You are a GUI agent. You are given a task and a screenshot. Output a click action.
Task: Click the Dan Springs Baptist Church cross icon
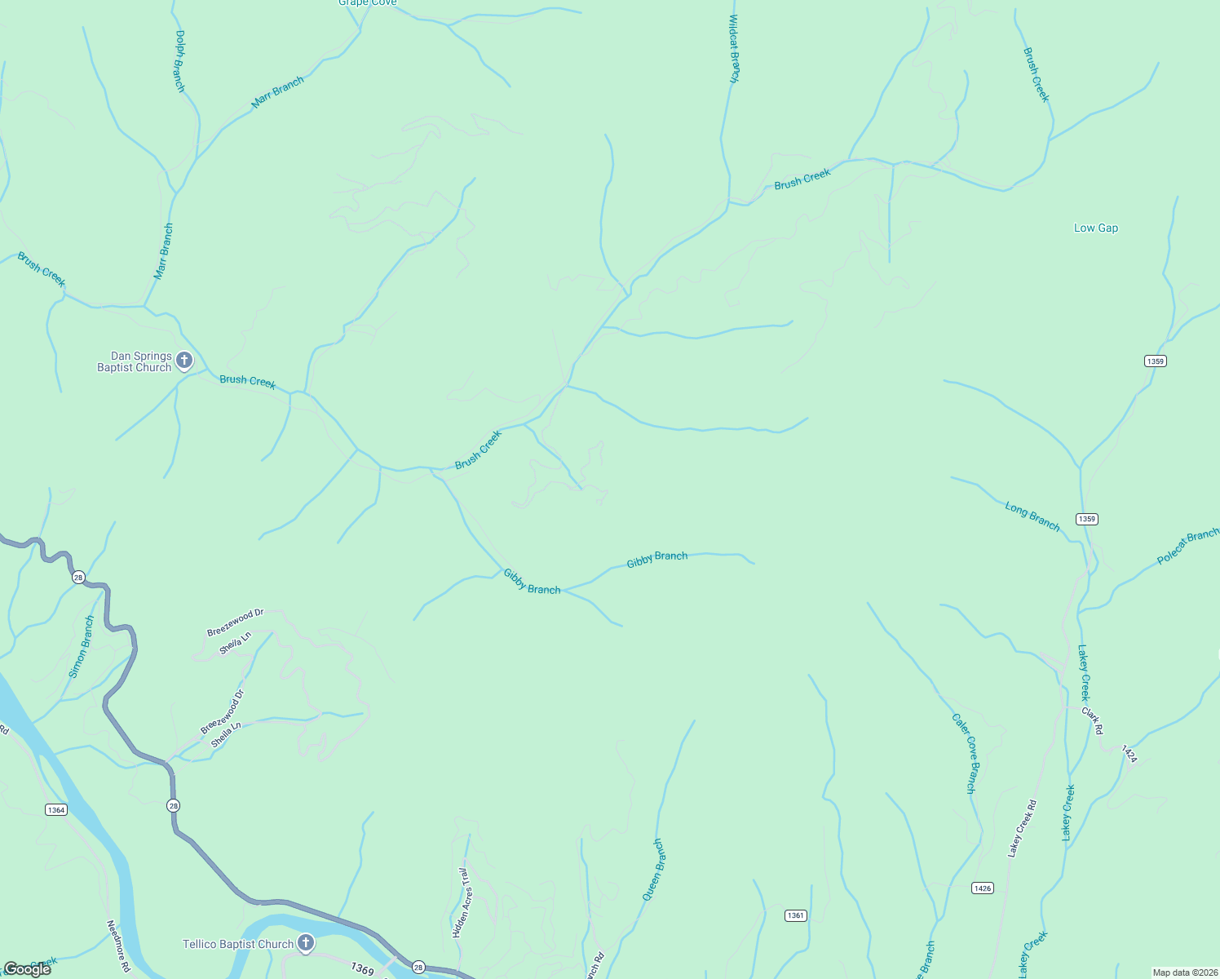pos(184,360)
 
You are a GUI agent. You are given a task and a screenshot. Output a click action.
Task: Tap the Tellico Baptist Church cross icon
pos(306,943)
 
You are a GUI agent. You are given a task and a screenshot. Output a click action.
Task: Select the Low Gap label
pos(1095,228)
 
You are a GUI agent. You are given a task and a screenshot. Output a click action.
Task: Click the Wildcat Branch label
pos(734,49)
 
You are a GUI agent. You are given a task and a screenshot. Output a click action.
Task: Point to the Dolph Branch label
pos(180,61)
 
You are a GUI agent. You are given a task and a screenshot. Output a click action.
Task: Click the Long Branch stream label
pos(1032,517)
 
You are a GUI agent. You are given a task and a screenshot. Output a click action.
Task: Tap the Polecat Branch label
pos(1187,547)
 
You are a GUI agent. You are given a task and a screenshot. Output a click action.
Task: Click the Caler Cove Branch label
pos(964,753)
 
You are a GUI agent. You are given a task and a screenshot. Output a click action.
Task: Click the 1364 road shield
pos(55,809)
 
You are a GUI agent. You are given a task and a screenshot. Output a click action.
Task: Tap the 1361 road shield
pos(795,915)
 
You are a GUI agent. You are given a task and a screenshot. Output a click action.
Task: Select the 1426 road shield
pos(983,888)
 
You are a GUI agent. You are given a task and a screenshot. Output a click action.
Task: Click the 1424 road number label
pos(1129,753)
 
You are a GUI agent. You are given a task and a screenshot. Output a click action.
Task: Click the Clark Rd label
pos(1092,720)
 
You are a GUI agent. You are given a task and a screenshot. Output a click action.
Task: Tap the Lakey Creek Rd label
pos(1022,828)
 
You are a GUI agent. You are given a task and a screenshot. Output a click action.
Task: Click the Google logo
pos(27,969)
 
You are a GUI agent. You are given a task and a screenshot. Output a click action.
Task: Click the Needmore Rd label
pos(118,946)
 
